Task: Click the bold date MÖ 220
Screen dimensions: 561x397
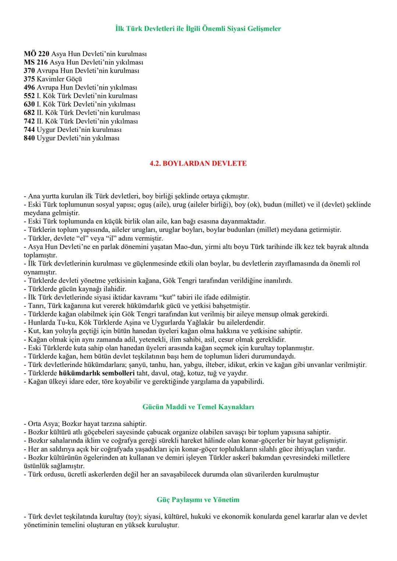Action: (36, 54)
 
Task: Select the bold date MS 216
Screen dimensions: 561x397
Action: (36, 62)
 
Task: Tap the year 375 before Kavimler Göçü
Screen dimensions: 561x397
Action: (29, 79)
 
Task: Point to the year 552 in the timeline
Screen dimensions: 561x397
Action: (29, 96)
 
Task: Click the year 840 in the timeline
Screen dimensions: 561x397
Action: (29, 138)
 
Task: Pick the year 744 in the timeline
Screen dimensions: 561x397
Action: (29, 130)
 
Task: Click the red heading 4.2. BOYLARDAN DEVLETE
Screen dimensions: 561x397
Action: (198, 163)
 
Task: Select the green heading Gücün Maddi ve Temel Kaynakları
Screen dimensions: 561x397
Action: (198, 407)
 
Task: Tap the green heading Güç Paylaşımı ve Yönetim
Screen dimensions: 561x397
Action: (198, 500)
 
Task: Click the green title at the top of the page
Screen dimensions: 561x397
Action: (198, 29)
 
